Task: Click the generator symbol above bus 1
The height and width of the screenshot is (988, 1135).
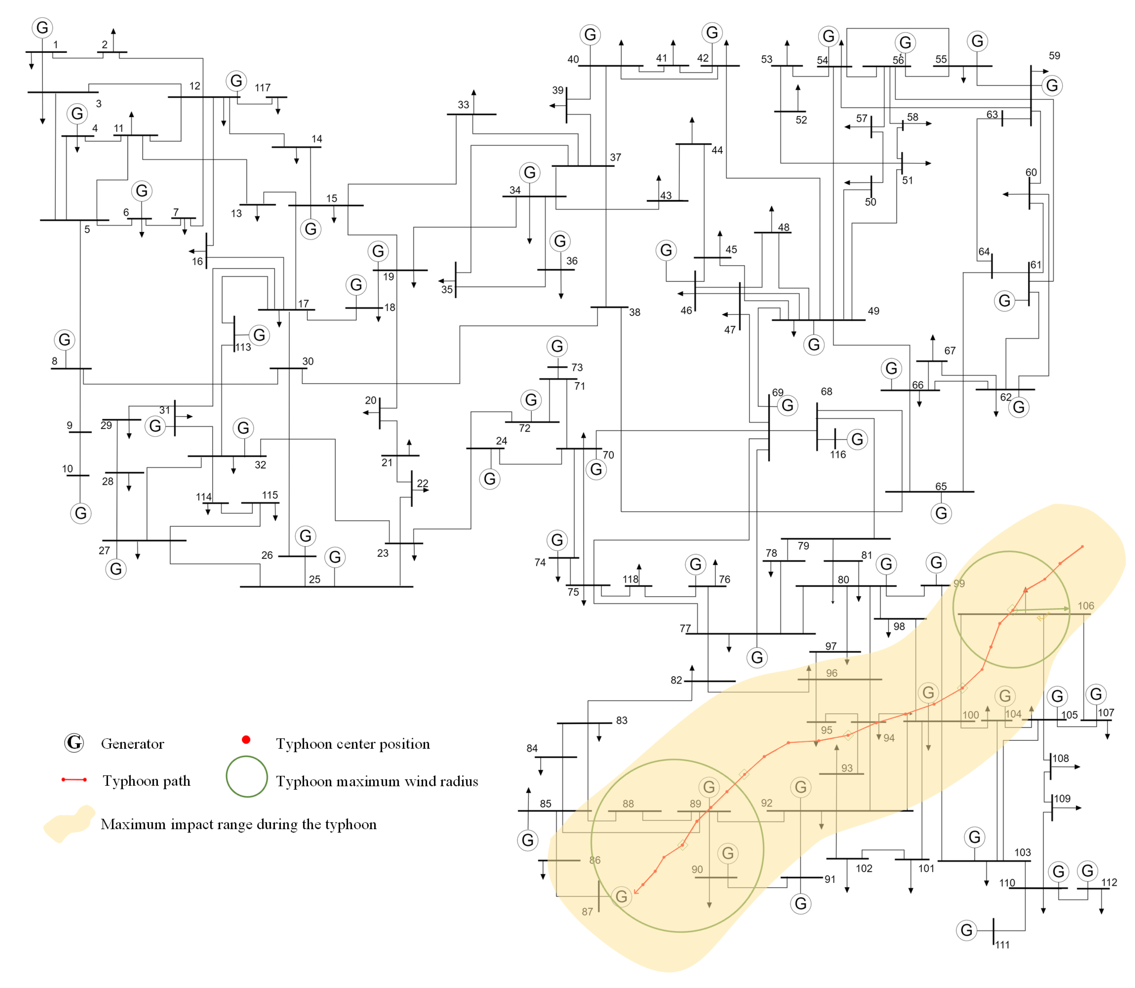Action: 42,28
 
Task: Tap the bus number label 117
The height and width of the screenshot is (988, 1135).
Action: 262,88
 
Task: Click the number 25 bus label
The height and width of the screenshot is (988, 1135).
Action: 314,579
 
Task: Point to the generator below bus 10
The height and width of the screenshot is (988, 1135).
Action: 81,513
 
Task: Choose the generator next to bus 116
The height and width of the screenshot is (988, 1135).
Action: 857,439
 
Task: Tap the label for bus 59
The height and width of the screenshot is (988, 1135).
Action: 1054,56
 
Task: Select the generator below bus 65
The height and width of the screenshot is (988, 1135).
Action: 941,513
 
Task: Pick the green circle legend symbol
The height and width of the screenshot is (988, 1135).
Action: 247,776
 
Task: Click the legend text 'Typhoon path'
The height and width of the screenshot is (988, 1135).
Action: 146,781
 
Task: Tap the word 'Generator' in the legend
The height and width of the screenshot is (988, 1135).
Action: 132,744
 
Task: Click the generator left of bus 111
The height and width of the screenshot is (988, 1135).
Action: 966,930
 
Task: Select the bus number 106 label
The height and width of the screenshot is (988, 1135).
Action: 1085,606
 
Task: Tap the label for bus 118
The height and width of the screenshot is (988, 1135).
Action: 630,579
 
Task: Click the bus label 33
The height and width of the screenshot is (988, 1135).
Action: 463,105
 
